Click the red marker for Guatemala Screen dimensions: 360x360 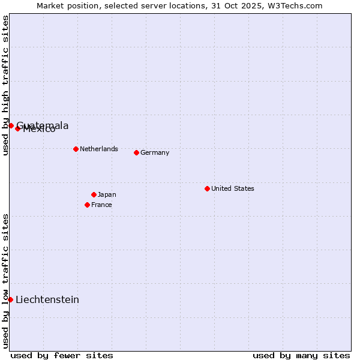click(11, 125)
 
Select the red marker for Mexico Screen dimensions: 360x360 click(18, 128)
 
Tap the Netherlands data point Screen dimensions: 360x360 click(76, 149)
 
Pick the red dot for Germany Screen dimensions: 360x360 click(136, 152)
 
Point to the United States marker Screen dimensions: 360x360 click(207, 188)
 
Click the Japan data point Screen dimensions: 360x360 click(94, 194)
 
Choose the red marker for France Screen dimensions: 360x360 click(87, 205)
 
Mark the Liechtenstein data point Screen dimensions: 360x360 click(11, 299)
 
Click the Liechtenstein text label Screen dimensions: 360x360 click(47, 300)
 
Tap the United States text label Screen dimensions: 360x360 click(233, 188)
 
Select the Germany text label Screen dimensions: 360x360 click(155, 152)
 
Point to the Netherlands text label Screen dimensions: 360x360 click(99, 149)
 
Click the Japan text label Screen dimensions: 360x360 click(107, 194)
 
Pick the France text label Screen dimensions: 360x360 click(101, 205)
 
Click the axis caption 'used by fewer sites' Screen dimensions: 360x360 click(62, 355)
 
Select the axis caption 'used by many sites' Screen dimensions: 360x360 click(301, 355)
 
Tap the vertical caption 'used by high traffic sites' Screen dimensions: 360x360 click(6, 85)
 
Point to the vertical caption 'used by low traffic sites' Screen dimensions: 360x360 click(6, 280)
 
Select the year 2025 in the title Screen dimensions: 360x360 click(236, 5)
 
